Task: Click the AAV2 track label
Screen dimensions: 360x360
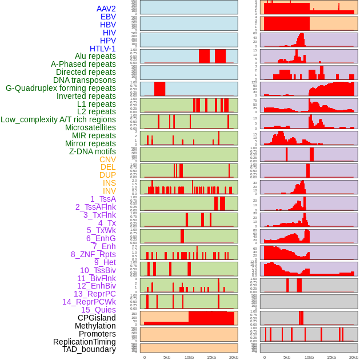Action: (x=106, y=9)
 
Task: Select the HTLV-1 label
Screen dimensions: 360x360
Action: (x=103, y=49)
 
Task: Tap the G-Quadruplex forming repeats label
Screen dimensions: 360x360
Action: (x=61, y=88)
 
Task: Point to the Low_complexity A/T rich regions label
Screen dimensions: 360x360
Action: (x=58, y=119)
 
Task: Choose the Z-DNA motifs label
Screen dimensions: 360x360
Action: (x=93, y=151)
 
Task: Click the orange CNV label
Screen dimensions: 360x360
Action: (x=107, y=159)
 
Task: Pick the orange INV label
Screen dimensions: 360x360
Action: (x=109, y=191)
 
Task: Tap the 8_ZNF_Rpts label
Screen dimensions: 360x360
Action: (x=93, y=254)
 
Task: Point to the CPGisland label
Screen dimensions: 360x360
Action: (x=97, y=318)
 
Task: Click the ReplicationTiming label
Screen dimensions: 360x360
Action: (x=84, y=342)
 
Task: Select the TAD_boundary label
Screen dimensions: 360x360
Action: (x=89, y=349)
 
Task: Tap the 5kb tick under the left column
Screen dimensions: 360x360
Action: (x=167, y=357)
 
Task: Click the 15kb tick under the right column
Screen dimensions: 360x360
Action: (x=331, y=357)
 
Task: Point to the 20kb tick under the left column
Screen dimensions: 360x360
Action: (x=233, y=357)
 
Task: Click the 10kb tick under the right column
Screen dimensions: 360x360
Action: (x=309, y=357)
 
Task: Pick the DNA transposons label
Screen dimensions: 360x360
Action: (x=85, y=80)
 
